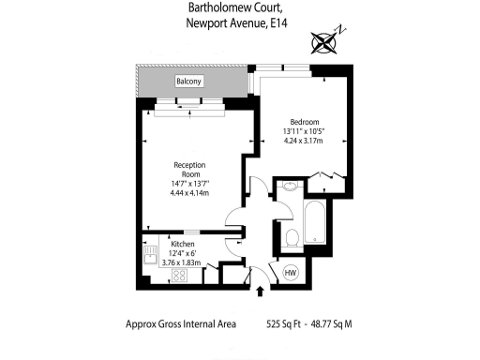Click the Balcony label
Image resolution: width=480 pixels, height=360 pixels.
(189, 82)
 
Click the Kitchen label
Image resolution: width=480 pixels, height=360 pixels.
(183, 244)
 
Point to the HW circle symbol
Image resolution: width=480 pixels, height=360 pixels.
(290, 272)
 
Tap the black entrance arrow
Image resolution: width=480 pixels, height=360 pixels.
(260, 292)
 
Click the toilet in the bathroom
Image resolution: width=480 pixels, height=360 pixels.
(292, 237)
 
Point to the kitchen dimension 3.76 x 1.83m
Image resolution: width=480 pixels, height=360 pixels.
(183, 263)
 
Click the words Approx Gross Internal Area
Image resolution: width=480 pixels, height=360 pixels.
(181, 324)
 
